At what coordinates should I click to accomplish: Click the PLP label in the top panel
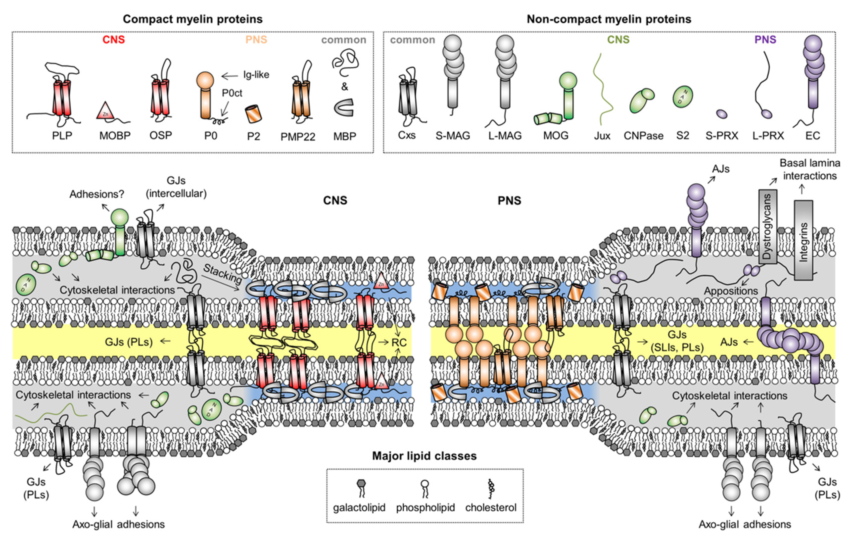pyautogui.click(x=62, y=136)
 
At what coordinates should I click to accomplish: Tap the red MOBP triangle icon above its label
pyautogui.click(x=105, y=111)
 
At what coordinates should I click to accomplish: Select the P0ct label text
pyautogui.click(x=232, y=93)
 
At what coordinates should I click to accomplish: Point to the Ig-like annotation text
pyautogui.click(x=256, y=75)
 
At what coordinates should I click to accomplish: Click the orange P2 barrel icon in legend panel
pyautogui.click(x=253, y=114)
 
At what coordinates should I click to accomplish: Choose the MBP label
pyautogui.click(x=345, y=136)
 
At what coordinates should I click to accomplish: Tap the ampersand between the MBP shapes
pyautogui.click(x=344, y=87)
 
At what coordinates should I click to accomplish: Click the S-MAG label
pyautogui.click(x=453, y=136)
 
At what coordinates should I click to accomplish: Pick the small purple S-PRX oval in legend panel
pyautogui.click(x=721, y=114)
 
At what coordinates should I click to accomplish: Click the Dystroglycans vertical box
pyautogui.click(x=767, y=227)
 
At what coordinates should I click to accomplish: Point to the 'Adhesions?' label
pyautogui.click(x=96, y=194)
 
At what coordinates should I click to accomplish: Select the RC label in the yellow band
pyautogui.click(x=399, y=343)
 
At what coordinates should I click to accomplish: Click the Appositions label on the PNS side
pyautogui.click(x=731, y=291)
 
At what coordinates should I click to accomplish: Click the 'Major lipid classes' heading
pyautogui.click(x=424, y=456)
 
